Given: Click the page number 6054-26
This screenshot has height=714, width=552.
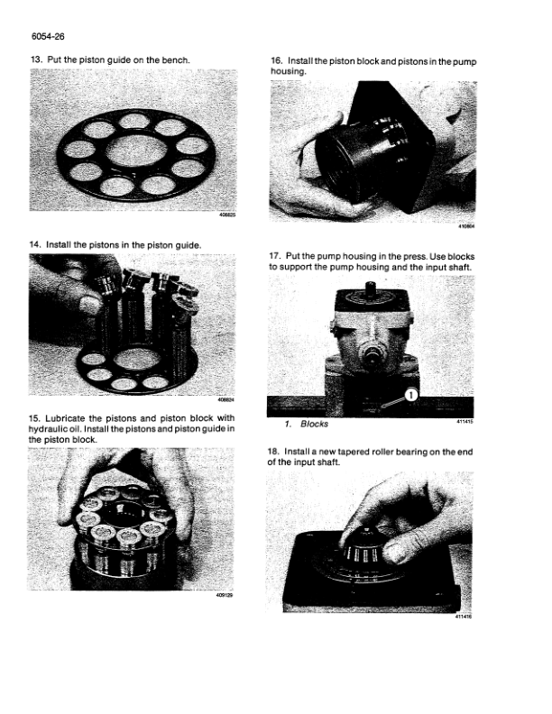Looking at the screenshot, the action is pos(49,36).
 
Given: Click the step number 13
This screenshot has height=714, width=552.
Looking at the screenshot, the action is pos(35,59).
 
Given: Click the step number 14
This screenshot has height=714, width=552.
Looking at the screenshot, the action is pos(34,245).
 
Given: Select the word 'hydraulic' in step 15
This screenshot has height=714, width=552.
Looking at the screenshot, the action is pos(46,429).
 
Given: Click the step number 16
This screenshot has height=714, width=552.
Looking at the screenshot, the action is pos(277,61).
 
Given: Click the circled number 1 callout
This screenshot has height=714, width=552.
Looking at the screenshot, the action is pos(410,395).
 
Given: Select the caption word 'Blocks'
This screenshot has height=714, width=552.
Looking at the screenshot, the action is pos(314,424).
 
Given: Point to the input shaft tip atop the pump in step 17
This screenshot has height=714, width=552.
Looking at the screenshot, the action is pos(371,286).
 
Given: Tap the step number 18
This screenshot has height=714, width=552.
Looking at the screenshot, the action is pos(272,452).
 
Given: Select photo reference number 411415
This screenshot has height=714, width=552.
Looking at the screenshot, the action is pos(465,422).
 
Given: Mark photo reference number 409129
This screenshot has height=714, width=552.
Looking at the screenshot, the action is pos(225,595).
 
